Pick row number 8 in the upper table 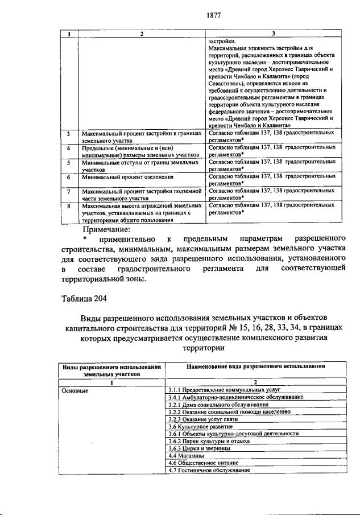point(68,206)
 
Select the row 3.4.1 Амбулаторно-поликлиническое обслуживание point(236,397)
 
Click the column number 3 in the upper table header point(274,34)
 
